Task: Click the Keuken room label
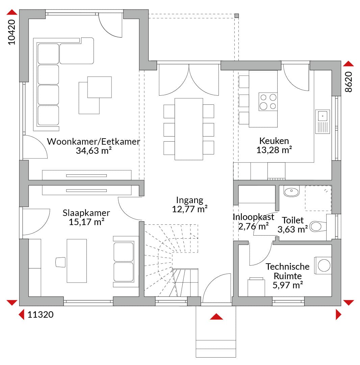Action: [x=274, y=141]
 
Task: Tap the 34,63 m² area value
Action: [x=94, y=151]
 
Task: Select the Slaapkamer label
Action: [x=86, y=213]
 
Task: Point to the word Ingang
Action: [x=189, y=200]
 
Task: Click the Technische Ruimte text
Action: [x=288, y=271]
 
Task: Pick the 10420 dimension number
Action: [x=11, y=32]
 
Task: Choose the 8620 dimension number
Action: [x=349, y=82]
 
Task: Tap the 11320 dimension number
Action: [x=41, y=315]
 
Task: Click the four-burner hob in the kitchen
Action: [x=268, y=102]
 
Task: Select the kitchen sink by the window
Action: [x=323, y=122]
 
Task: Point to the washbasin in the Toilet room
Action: [x=291, y=191]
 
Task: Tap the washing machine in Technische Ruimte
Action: [x=323, y=265]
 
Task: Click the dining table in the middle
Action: [x=188, y=129]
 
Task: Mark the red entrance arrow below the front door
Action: [x=216, y=316]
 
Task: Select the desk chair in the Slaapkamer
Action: [x=60, y=262]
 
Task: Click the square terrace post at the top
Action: [x=236, y=16]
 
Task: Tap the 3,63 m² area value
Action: [x=292, y=229]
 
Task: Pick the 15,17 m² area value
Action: [x=86, y=222]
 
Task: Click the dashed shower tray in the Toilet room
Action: [x=318, y=198]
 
